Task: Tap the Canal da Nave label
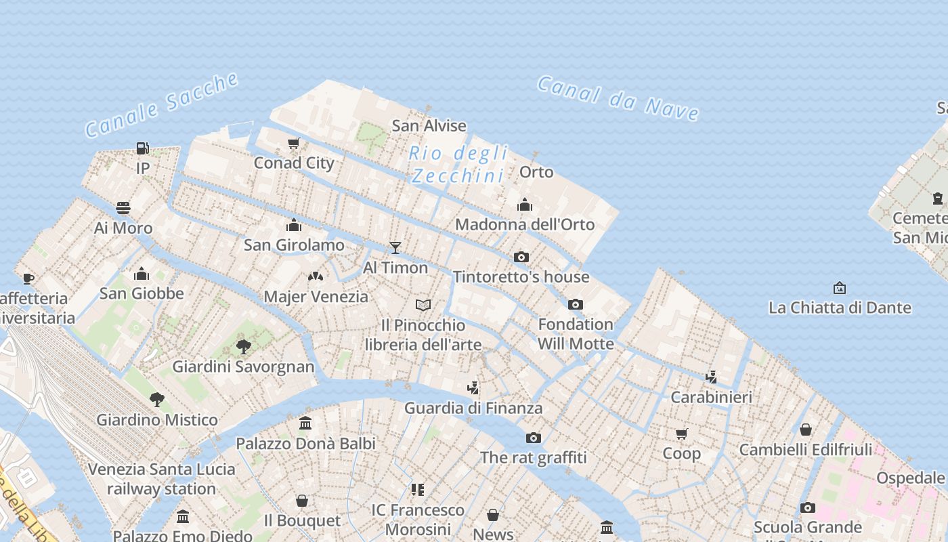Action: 618,98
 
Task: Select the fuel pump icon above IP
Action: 142,148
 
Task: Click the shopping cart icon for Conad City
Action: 294,143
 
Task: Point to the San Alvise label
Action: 429,126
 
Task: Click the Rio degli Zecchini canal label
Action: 458,165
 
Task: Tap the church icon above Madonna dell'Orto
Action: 525,205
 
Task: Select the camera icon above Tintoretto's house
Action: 521,257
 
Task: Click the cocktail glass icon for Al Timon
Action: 395,248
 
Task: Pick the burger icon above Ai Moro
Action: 123,207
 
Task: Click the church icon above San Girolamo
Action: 294,225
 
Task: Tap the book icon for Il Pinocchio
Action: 423,305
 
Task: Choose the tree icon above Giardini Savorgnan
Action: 244,347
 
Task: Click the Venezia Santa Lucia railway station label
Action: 161,478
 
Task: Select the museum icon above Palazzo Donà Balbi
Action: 305,423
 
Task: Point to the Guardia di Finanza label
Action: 473,408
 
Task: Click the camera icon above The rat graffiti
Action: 534,438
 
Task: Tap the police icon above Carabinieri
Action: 711,377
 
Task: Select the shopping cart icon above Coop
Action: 681,434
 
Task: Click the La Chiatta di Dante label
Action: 840,308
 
